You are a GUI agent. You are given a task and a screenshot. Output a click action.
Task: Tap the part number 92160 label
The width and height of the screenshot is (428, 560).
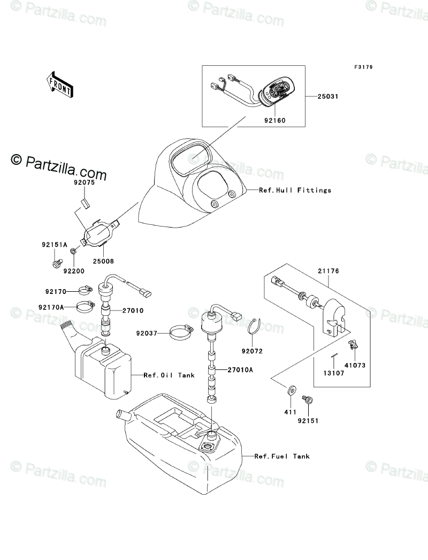pos(274,120)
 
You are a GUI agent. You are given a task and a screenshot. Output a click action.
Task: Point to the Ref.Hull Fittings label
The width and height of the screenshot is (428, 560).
pos(295,190)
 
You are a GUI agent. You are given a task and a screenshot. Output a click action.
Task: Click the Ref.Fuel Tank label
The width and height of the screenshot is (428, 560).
pos(282,457)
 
